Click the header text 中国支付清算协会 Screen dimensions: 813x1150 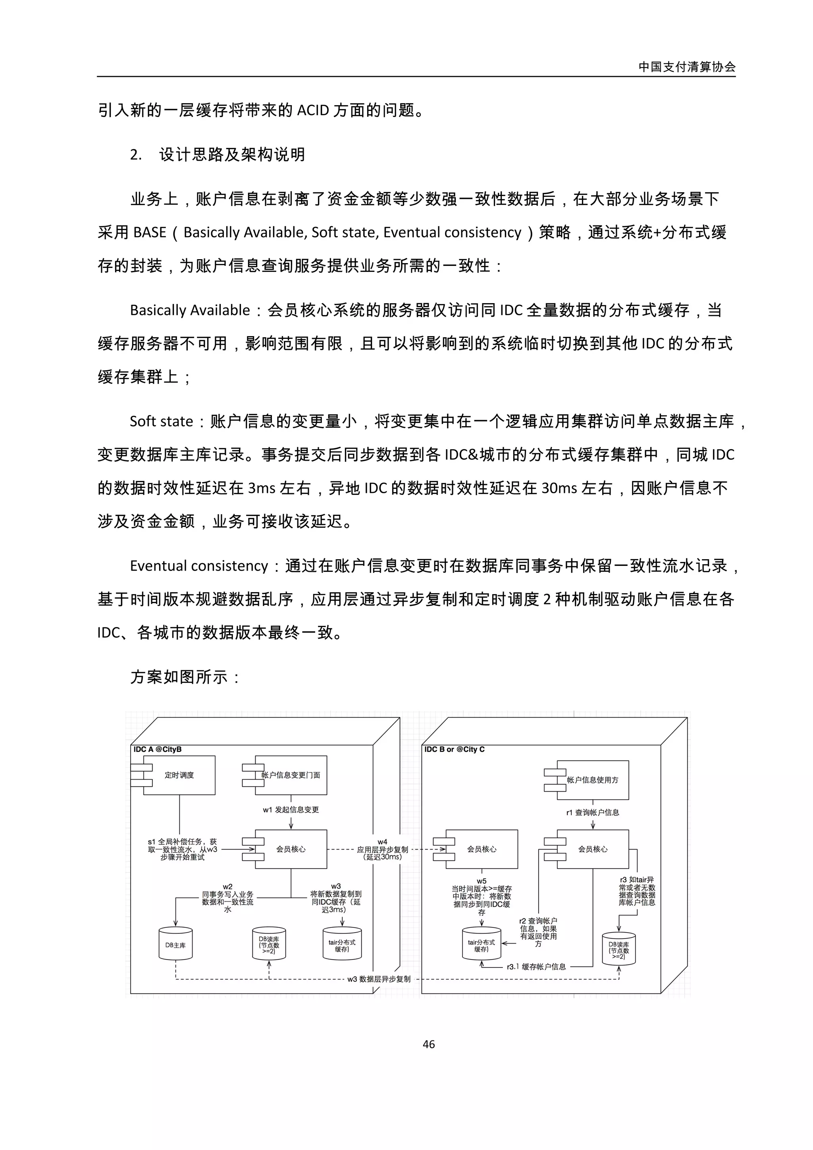click(x=687, y=67)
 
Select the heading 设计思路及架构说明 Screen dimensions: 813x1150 click(x=231, y=155)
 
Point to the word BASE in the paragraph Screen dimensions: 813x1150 click(x=150, y=233)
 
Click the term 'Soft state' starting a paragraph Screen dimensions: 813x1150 click(x=161, y=421)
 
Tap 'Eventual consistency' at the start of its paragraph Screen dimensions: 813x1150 click(x=199, y=566)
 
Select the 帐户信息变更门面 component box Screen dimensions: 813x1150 click(x=291, y=775)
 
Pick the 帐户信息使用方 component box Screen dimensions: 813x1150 click(x=592, y=780)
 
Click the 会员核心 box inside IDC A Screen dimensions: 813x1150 click(x=291, y=850)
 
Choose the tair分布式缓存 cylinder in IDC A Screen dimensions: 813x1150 click(x=342, y=945)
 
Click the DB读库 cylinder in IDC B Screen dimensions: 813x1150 click(x=618, y=950)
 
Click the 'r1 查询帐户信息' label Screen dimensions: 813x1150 click(x=592, y=812)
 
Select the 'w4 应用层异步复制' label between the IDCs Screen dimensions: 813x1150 click(x=382, y=850)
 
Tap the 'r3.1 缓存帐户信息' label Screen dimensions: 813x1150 click(x=536, y=967)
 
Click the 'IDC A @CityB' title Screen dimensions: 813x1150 click(x=157, y=749)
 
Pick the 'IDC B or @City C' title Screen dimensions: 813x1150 click(x=455, y=749)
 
